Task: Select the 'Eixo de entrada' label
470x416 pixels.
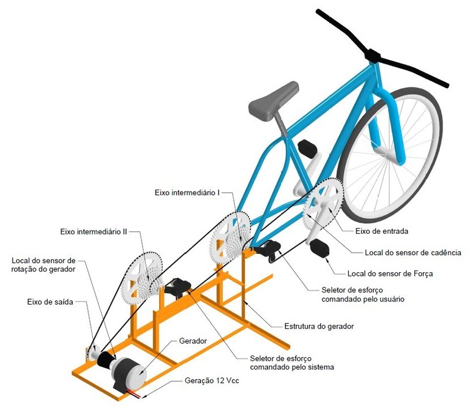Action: tap(381, 231)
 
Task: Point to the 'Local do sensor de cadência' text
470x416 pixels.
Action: tap(412, 251)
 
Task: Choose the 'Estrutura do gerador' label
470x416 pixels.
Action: tap(319, 326)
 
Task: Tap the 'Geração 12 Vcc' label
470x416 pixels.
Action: tap(212, 380)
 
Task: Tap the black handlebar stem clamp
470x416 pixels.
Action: tap(371, 55)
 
